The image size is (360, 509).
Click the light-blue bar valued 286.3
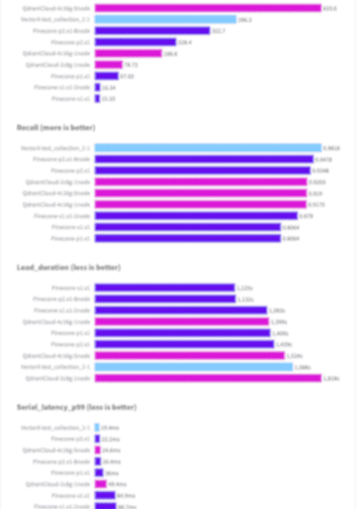(x=165, y=19)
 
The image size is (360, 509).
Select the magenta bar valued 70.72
(x=109, y=65)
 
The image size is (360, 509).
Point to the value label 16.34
(x=109, y=87)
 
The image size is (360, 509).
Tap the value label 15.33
(x=109, y=98)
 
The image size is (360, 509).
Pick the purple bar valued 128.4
(x=135, y=41)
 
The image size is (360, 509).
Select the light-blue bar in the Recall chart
(x=207, y=148)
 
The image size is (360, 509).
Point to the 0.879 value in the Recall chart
(x=306, y=216)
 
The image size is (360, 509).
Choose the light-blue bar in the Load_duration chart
(x=193, y=367)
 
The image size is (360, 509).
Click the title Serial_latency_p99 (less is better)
(x=76, y=407)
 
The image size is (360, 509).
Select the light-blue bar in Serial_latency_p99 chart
(x=97, y=427)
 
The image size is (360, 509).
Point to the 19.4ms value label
(x=109, y=427)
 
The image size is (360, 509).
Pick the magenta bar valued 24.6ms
(x=97, y=450)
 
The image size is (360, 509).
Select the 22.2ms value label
(x=110, y=439)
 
